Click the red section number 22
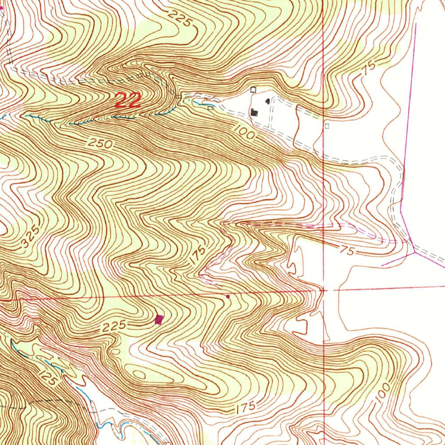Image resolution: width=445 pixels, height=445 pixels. pos(128,100)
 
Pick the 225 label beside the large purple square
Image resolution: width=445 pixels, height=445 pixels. pos(115,326)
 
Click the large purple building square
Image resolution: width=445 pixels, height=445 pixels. pos(159,320)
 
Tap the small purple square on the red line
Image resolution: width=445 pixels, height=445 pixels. pos(228,296)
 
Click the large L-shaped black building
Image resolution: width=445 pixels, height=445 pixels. pos(254,113)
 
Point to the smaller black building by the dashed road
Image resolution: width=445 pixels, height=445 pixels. pos(267,101)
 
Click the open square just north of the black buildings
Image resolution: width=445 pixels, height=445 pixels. pos(254,90)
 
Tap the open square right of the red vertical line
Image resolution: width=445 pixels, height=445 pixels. pos(327,126)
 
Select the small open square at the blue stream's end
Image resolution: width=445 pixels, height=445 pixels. pos(211,108)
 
